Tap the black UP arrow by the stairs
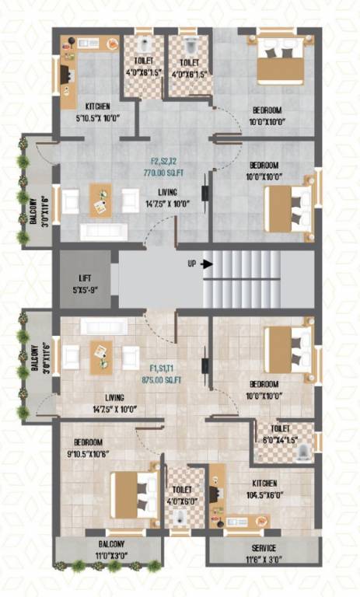[x=206, y=264]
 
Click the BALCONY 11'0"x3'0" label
[x=110, y=548]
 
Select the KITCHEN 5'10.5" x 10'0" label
[x=93, y=111]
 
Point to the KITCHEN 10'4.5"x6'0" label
[x=262, y=487]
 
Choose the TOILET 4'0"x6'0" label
[x=182, y=495]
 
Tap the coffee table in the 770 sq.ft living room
[x=101, y=201]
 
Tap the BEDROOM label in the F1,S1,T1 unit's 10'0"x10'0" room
[x=264, y=384]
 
